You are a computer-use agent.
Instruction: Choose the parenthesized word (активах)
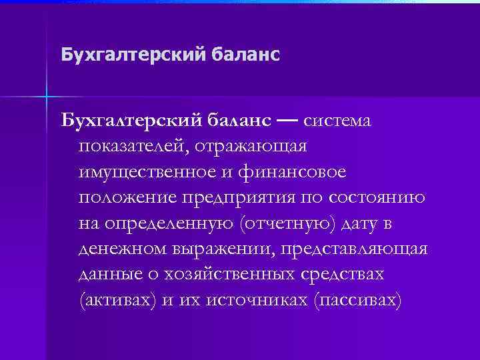click(x=117, y=301)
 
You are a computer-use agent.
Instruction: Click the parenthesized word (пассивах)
click(x=357, y=301)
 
